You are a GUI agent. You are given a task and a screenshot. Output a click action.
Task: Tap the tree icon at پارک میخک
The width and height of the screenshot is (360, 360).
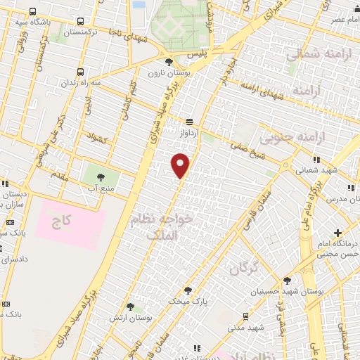pos(188,290)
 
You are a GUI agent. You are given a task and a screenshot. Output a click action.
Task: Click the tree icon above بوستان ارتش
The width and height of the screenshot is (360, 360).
pos(130,306)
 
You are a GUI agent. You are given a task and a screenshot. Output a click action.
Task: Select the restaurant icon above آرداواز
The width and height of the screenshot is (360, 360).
pos(188,121)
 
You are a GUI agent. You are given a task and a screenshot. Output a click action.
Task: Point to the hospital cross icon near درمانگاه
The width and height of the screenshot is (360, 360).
pos(338,232)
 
